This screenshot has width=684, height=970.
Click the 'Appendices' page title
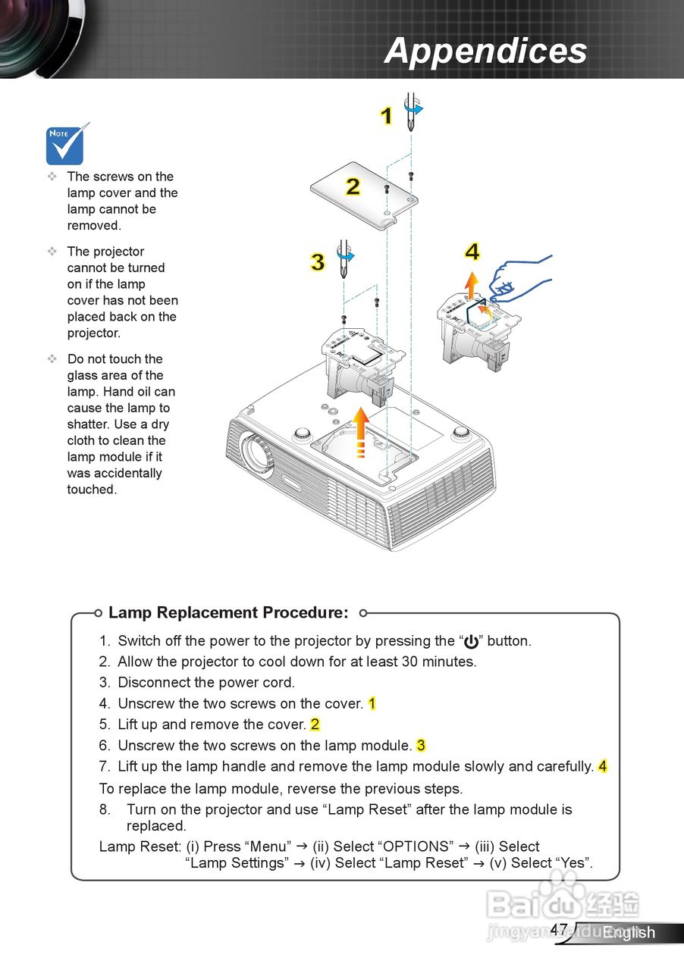click(x=485, y=51)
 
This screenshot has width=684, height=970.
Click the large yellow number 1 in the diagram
click(x=386, y=116)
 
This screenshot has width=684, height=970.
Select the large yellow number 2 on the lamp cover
click(x=353, y=186)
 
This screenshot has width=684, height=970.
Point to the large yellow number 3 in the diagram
click(x=317, y=261)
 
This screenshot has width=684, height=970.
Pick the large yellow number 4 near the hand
click(x=472, y=252)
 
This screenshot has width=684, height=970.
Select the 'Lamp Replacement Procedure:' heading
click(x=228, y=612)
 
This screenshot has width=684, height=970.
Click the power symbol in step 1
click(x=471, y=642)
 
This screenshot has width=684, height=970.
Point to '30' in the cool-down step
click(x=404, y=662)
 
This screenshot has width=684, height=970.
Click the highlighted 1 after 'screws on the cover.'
click(x=372, y=703)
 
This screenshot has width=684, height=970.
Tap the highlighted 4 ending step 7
click(x=602, y=766)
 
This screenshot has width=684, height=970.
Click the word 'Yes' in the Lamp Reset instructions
click(x=573, y=863)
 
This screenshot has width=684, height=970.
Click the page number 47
click(x=559, y=929)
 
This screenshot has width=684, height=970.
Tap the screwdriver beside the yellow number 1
click(x=411, y=111)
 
